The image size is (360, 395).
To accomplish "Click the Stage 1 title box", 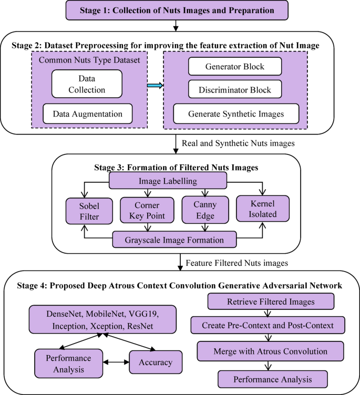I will (173, 10).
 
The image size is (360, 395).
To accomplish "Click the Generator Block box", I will (234, 67).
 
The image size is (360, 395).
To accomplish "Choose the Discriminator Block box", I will (234, 90).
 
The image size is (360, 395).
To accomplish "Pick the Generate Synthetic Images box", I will (236, 113).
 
